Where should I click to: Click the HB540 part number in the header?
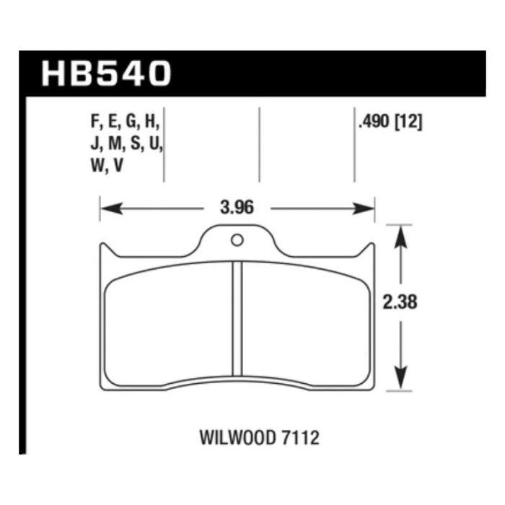(x=107, y=74)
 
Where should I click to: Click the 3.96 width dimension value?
(x=237, y=209)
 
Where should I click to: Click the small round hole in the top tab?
(x=237, y=240)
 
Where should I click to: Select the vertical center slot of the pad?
(x=237, y=317)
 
